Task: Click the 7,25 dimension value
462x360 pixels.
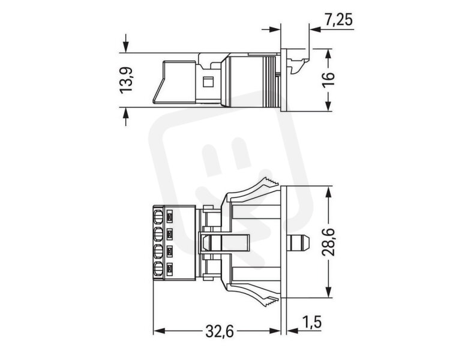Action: click(339, 20)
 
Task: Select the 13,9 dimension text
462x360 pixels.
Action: click(127, 80)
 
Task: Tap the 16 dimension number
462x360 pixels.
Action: click(328, 80)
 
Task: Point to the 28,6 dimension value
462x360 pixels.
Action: click(328, 242)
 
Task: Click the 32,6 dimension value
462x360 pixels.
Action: click(220, 332)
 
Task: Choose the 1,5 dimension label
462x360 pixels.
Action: click(311, 322)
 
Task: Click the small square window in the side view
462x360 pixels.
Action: click(208, 82)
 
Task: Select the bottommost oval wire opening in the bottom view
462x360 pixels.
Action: click(158, 269)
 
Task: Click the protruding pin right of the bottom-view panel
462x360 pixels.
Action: click(298, 242)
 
